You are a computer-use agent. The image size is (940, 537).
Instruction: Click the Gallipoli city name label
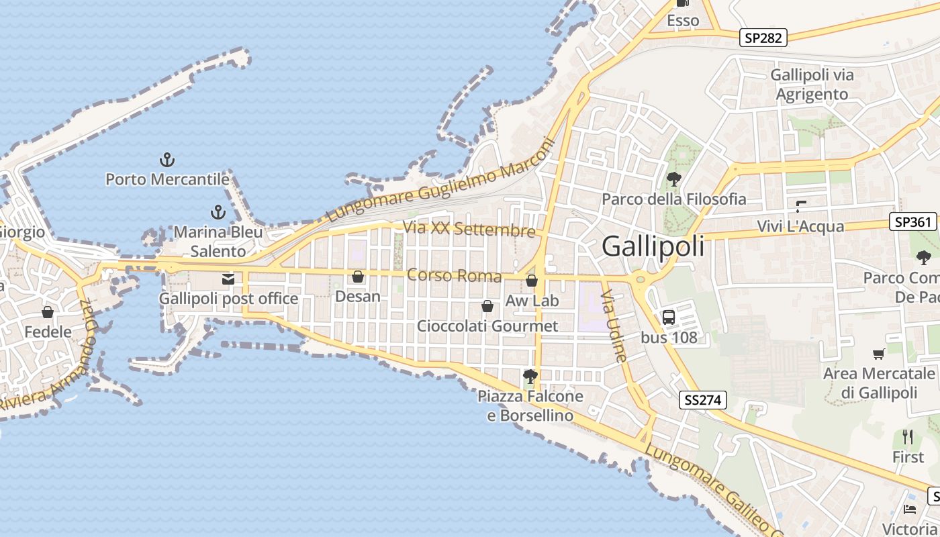click(x=653, y=246)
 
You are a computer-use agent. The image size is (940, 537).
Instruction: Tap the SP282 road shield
click(x=764, y=38)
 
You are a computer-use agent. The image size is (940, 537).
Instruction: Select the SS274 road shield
click(x=703, y=401)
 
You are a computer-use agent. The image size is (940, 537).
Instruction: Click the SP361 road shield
click(x=913, y=222)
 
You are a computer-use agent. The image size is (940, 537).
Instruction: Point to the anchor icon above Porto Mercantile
click(x=167, y=160)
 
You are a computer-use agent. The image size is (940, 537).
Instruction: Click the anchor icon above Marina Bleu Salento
click(x=218, y=213)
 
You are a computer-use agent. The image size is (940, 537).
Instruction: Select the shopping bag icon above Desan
click(x=358, y=277)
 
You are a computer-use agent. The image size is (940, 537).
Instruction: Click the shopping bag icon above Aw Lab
click(x=532, y=281)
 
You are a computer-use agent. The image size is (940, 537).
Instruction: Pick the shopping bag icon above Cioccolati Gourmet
click(x=487, y=306)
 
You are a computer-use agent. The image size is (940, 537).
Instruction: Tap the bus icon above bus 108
click(x=669, y=318)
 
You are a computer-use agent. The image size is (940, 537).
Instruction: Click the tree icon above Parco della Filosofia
click(x=673, y=179)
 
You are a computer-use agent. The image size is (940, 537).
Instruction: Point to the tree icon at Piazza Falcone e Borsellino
click(x=530, y=376)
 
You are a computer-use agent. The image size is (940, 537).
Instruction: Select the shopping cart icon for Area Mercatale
click(x=879, y=354)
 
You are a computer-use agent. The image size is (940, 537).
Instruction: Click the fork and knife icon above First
click(x=908, y=437)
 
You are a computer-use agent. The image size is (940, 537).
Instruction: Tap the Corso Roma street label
click(x=454, y=276)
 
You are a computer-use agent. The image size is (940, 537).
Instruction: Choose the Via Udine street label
click(x=614, y=326)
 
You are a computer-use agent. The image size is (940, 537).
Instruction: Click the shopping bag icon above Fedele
click(x=48, y=312)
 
